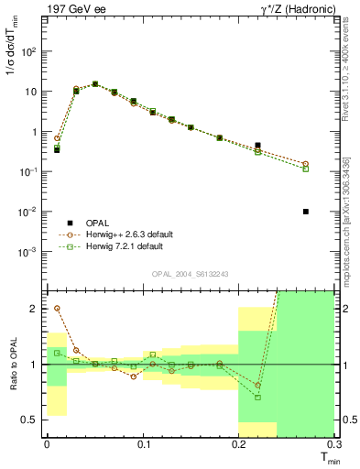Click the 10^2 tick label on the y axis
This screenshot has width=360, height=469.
coord(31,51)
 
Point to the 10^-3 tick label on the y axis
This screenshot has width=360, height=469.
coord(31,252)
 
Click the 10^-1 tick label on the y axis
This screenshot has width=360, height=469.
coord(31,171)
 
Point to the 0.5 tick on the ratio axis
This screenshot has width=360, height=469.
coord(32,420)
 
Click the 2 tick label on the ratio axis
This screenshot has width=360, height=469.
coord(36,309)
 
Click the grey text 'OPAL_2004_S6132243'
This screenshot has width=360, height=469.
coord(190,274)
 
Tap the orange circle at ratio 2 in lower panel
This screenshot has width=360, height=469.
coord(57,309)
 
